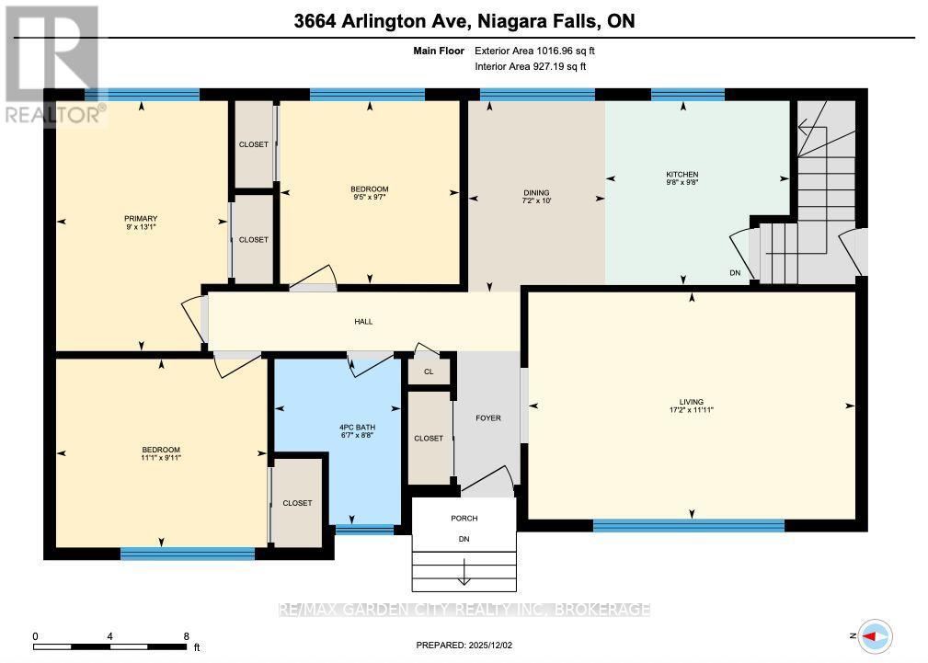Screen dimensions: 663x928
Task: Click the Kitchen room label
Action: [682, 174]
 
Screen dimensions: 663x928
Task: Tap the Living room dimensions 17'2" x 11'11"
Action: [691, 411]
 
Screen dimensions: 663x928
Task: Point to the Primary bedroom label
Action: [141, 218]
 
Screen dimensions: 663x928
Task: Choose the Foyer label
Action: [487, 418]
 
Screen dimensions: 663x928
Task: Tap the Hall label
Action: [363, 321]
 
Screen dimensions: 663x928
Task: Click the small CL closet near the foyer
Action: [429, 372]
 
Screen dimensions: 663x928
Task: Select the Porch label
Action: [464, 518]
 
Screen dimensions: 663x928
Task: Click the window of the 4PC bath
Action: [364, 529]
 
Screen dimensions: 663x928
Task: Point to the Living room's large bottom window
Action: [688, 525]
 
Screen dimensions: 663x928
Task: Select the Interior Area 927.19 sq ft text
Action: [530, 67]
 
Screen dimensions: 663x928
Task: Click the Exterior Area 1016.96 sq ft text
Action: [541, 51]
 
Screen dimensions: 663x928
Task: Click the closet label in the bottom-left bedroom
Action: [297, 503]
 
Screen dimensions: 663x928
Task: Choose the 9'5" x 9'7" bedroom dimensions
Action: [369, 196]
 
